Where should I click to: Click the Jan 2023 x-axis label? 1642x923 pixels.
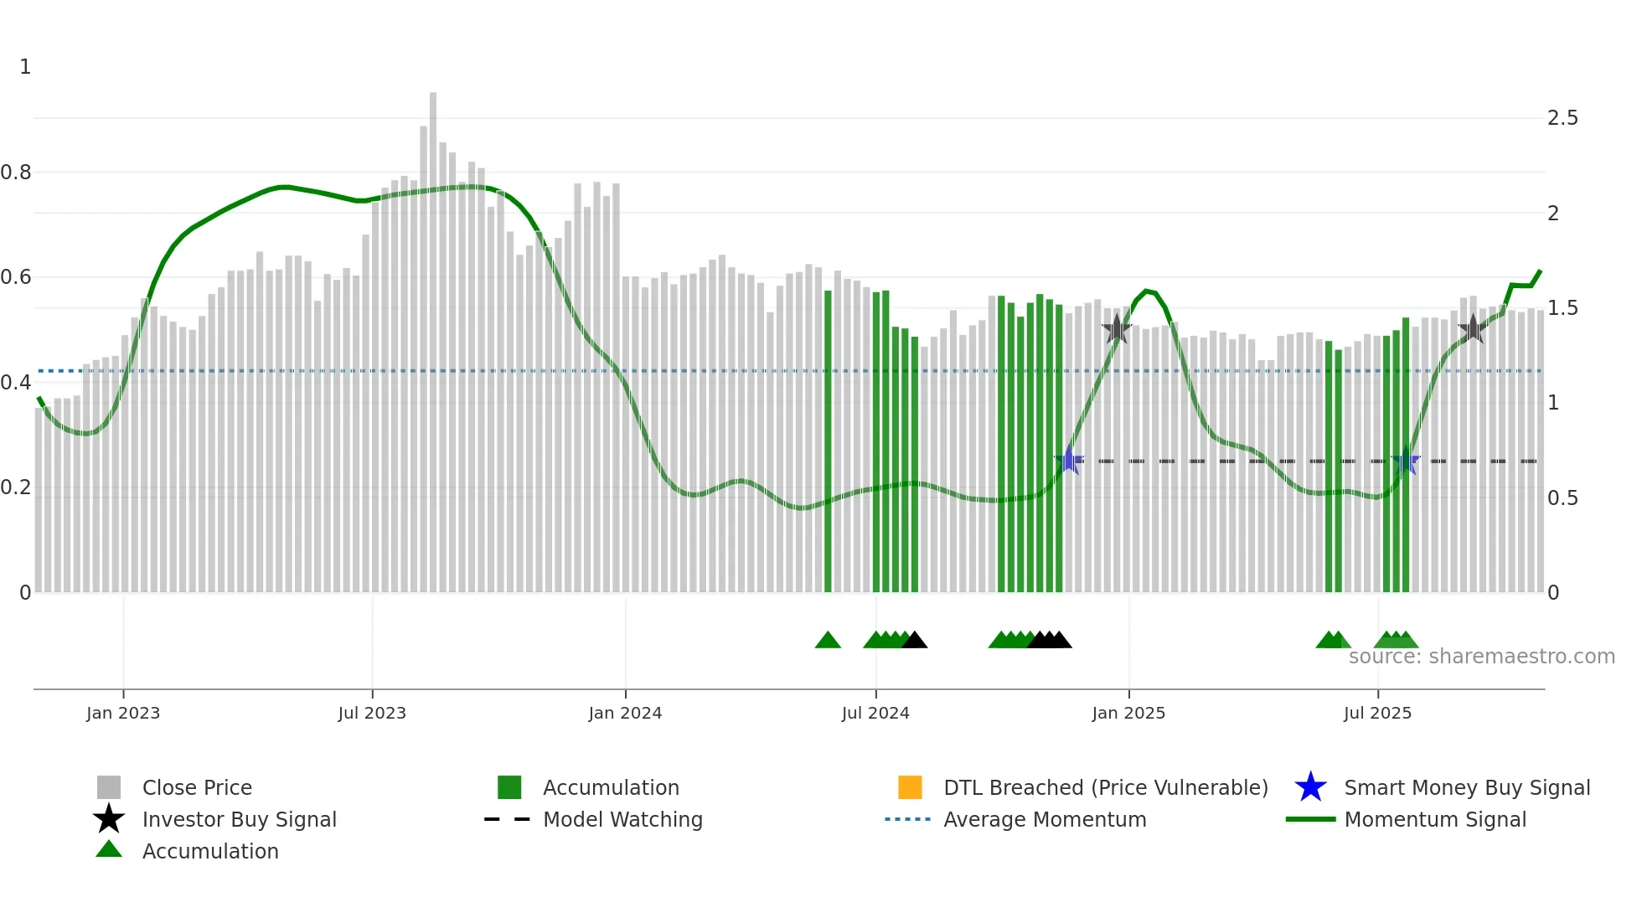click(x=122, y=713)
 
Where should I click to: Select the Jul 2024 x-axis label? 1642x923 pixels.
click(x=875, y=713)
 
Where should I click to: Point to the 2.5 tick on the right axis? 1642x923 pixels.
click(x=1562, y=118)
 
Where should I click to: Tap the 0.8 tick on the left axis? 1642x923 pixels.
click(x=16, y=173)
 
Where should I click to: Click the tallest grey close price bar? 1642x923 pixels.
click(x=433, y=335)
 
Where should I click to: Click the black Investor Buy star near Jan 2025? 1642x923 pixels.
click(x=1116, y=329)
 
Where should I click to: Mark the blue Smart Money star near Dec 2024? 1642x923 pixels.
click(x=1068, y=461)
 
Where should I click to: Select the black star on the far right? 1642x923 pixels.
click(x=1473, y=328)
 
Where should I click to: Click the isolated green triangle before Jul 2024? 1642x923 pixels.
click(x=828, y=641)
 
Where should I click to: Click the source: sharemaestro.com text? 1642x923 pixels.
click(x=1481, y=657)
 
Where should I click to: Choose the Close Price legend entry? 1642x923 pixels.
click(x=196, y=787)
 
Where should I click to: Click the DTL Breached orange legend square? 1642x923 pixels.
click(x=910, y=787)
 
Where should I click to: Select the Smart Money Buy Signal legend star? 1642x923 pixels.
click(x=1310, y=787)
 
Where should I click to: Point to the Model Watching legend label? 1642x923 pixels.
click(x=622, y=819)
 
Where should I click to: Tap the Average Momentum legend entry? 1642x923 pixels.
click(x=1044, y=819)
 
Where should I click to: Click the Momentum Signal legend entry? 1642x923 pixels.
click(x=1434, y=819)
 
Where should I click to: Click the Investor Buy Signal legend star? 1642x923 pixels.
click(x=109, y=819)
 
